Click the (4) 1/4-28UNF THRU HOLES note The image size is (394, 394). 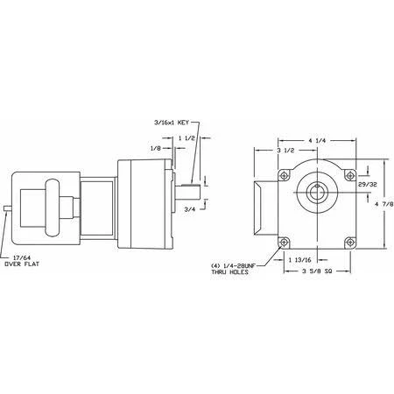point(232,269)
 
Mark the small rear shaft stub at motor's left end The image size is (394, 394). point(6,208)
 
